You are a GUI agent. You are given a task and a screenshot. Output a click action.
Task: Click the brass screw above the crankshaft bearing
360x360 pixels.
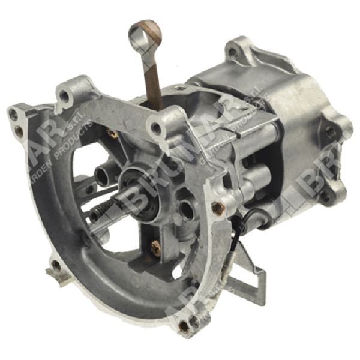coord(111,133)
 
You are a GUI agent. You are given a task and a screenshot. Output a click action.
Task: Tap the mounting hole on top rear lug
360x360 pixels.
coord(233,52)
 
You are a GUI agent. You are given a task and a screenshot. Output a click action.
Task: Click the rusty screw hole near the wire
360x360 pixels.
coord(217,208)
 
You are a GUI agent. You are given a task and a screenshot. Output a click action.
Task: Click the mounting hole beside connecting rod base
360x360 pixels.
coord(157,128)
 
